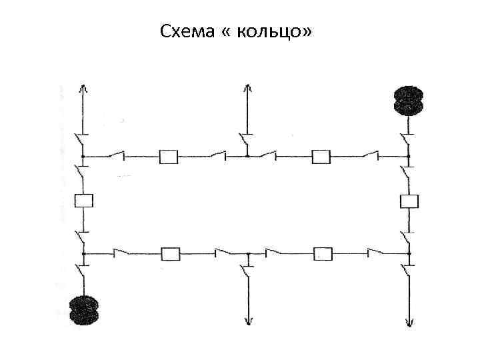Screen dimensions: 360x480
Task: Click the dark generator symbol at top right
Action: click(408, 101)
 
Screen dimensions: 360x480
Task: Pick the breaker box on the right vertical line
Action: click(408, 200)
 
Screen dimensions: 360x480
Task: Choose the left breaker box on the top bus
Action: click(169, 157)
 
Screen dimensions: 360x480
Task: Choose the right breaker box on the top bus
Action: click(322, 157)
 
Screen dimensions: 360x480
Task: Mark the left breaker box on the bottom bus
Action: click(171, 254)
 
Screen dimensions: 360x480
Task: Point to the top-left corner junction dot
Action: click(83, 157)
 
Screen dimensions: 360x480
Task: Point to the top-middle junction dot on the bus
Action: click(247, 157)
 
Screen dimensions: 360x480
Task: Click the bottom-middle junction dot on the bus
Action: click(247, 254)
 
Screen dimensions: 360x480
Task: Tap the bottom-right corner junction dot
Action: click(408, 254)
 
